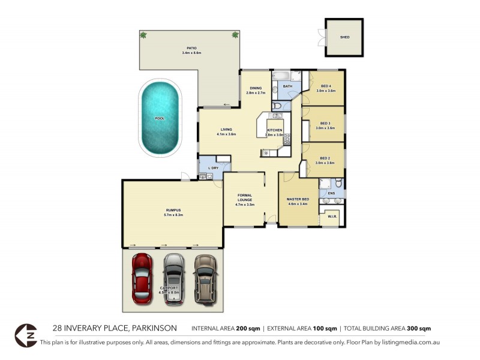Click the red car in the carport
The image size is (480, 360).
click(142, 277)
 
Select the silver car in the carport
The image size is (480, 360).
click(173, 277)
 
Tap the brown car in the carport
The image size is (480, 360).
click(205, 277)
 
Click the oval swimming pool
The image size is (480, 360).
click(160, 118)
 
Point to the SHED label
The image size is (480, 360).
click(344, 37)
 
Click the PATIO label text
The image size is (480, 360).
click(191, 48)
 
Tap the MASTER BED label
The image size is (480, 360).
click(298, 199)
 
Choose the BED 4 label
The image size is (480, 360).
click(326, 86)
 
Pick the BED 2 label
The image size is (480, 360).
click(326, 158)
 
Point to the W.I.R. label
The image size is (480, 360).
click(331, 216)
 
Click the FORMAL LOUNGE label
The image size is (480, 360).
click(245, 197)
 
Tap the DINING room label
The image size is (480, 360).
click(256, 89)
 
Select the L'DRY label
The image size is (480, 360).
click(212, 168)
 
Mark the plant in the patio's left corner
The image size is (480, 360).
click(143, 35)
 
